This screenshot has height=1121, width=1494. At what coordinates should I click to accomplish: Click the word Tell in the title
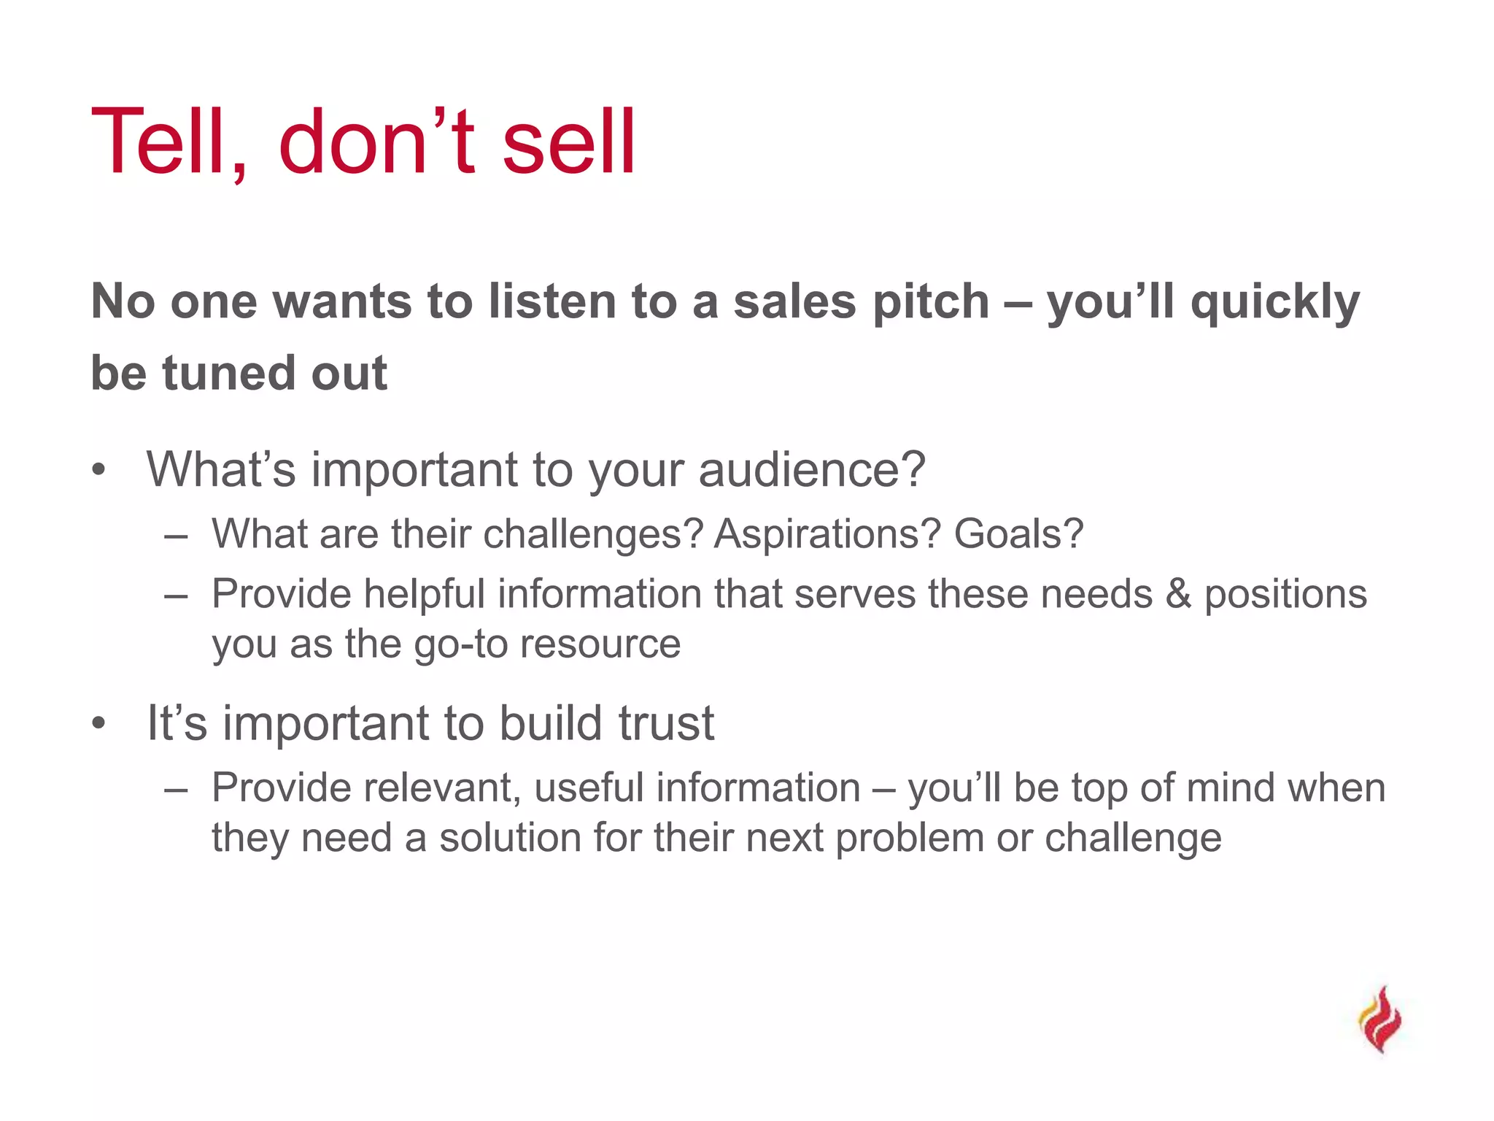pos(168,142)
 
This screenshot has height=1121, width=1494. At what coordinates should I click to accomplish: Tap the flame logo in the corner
pos(1379,1019)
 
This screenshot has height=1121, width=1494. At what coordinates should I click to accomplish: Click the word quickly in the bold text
pos(1275,301)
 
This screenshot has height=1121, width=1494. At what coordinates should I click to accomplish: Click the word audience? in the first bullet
pos(812,469)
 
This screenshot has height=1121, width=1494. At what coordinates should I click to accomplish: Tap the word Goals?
pos(1018,533)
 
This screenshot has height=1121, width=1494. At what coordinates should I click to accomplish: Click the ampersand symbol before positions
pos(1178,594)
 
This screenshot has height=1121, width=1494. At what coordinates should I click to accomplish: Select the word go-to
pos(460,644)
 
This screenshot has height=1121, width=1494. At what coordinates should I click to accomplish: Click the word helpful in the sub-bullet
pos(425,594)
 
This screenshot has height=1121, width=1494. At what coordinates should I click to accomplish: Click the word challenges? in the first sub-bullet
pos(592,533)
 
